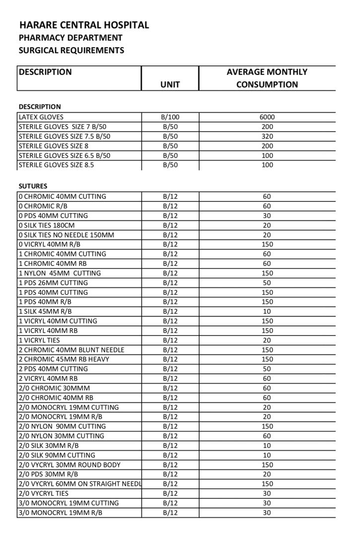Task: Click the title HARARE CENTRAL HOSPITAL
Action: click(84, 25)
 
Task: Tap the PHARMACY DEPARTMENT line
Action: click(70, 38)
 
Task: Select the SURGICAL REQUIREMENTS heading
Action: click(71, 50)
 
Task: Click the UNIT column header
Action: click(170, 85)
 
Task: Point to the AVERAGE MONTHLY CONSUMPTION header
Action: click(267, 78)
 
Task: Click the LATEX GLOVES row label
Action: click(41, 117)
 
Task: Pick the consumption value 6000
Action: click(267, 117)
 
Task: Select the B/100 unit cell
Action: click(170, 117)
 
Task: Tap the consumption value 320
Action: click(267, 136)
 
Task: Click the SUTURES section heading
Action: click(33, 186)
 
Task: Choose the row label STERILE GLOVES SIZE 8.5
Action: click(56, 165)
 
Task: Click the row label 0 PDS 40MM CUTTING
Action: click(53, 215)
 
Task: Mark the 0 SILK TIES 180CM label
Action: click(47, 225)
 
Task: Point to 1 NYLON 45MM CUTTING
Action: click(60, 273)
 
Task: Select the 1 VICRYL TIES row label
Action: click(39, 340)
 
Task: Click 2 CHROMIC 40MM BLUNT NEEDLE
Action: click(72, 349)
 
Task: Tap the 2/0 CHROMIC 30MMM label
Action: click(54, 388)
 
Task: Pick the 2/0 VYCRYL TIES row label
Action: click(44, 493)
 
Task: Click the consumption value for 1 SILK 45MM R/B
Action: click(267, 311)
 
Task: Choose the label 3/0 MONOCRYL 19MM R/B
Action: click(60, 512)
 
